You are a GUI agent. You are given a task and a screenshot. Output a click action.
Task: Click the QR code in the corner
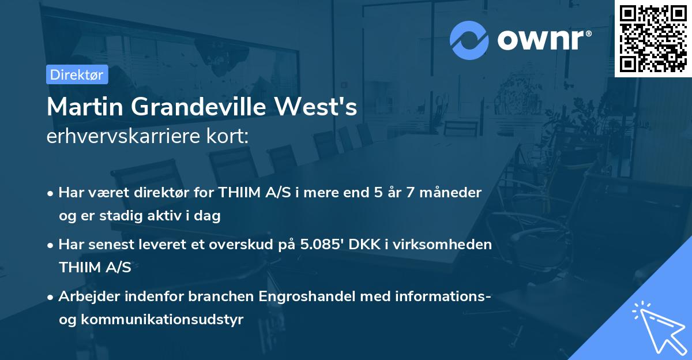(653, 38)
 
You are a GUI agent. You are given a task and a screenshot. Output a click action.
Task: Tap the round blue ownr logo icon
(469, 40)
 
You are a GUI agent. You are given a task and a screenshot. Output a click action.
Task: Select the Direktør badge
(77, 74)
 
